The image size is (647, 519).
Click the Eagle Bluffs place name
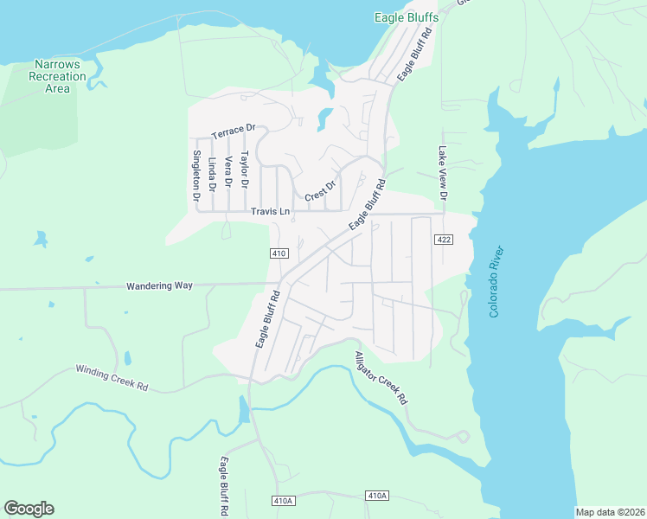pyautogui.click(x=406, y=17)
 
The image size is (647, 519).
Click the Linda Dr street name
pyautogui.click(x=212, y=174)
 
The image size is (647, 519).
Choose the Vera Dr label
pyautogui.click(x=228, y=172)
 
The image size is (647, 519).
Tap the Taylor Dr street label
pyautogui.click(x=245, y=170)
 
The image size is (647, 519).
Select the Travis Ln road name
pyautogui.click(x=270, y=212)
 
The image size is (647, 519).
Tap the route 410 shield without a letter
pyautogui.click(x=278, y=253)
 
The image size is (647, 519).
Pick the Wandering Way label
pyautogui.click(x=159, y=285)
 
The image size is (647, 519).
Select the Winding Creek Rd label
pyautogui.click(x=112, y=377)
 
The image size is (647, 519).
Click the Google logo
pyautogui.click(x=29, y=509)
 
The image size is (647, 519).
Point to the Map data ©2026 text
pyautogui.click(x=610, y=512)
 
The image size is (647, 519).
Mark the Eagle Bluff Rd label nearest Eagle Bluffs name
pyautogui.click(x=413, y=54)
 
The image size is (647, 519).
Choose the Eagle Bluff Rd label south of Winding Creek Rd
pyautogui.click(x=224, y=486)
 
